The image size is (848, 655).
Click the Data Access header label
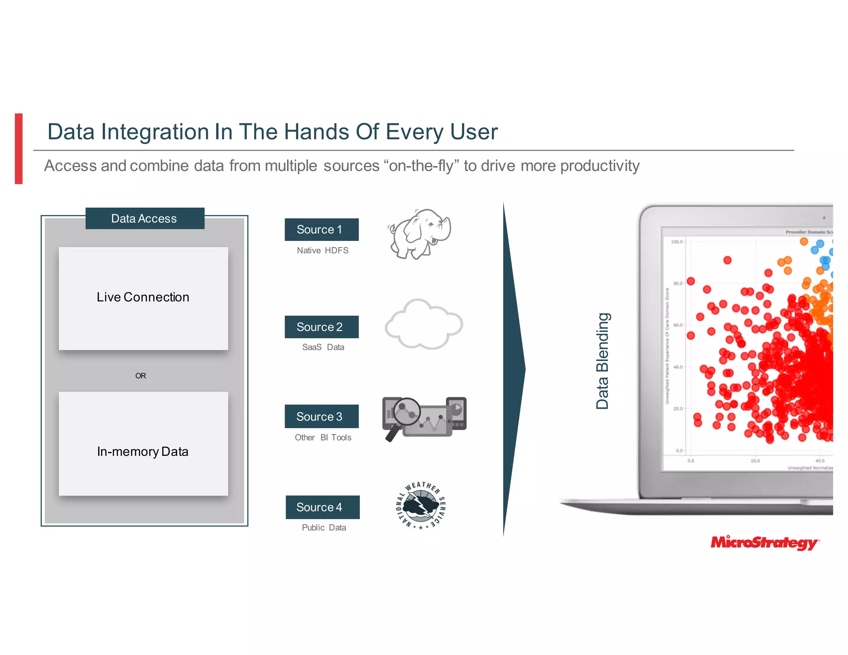pos(145,218)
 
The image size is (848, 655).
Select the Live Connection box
pos(143,298)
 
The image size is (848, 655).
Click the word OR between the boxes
pos(140,376)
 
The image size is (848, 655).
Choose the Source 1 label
pos(321,229)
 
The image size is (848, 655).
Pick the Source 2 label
pos(321,327)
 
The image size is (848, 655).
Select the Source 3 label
pos(321,416)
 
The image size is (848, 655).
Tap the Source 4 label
pos(322,507)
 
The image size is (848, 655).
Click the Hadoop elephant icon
pos(419,234)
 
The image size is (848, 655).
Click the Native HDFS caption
pos(323,250)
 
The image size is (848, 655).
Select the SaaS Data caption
pos(323,347)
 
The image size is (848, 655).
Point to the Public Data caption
pos(324,527)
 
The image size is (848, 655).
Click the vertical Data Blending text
pos(602,361)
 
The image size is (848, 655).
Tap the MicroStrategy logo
pos(764,542)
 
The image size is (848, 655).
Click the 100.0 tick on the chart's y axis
pos(677,242)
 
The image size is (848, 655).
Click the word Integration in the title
pos(155,132)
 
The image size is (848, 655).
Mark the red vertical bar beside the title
pos(19,148)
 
